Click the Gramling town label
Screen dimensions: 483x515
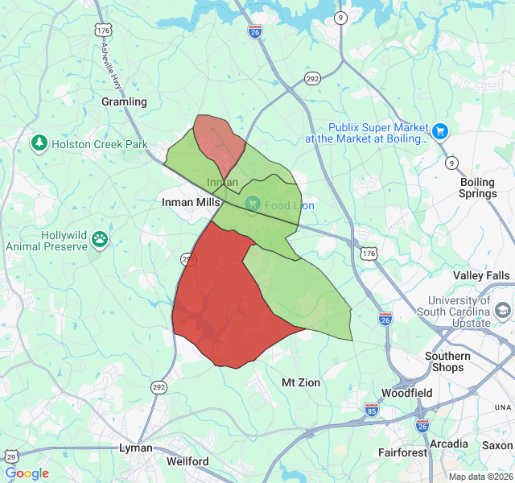click(124, 101)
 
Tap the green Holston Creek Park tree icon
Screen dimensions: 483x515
click(39, 143)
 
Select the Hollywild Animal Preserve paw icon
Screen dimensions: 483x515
click(100, 239)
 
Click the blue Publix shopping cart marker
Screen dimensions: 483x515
click(439, 131)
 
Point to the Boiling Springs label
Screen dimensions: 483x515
click(477, 188)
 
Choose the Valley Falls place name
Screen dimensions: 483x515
click(481, 275)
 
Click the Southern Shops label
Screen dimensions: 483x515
click(447, 361)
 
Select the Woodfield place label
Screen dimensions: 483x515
click(406, 393)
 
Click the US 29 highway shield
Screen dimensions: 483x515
click(11, 456)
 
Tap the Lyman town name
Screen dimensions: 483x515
click(135, 447)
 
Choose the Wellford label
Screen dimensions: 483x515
click(187, 461)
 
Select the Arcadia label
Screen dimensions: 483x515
click(449, 444)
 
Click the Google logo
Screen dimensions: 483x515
click(27, 473)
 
